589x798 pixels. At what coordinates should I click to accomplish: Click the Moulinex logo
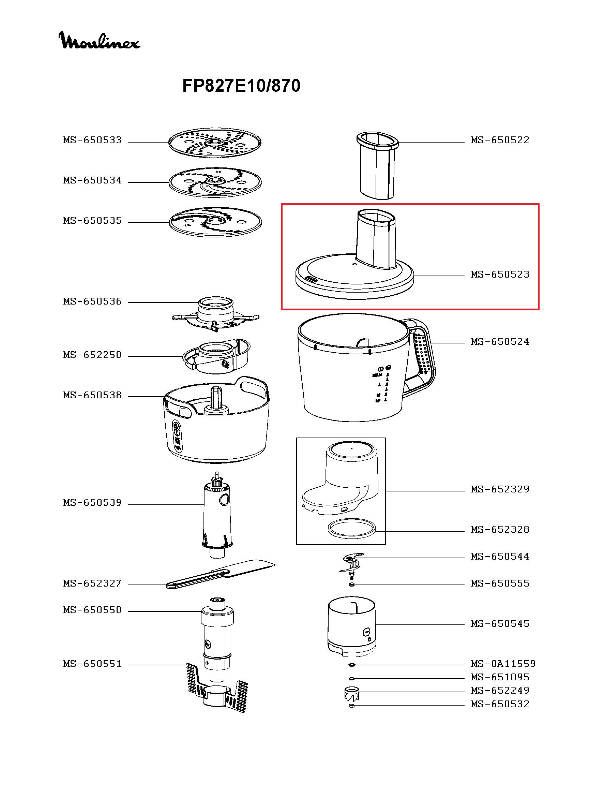(99, 40)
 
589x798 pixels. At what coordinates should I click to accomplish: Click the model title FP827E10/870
(241, 86)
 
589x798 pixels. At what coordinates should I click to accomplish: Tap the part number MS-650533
(92, 140)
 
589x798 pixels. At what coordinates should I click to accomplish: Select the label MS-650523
(500, 274)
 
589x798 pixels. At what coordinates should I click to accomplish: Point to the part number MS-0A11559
(503, 664)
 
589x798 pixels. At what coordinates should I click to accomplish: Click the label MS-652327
(92, 583)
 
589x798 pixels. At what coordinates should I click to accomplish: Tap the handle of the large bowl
(424, 357)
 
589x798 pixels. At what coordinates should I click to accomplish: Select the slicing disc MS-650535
(215, 222)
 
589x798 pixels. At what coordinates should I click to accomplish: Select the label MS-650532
(500, 704)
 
